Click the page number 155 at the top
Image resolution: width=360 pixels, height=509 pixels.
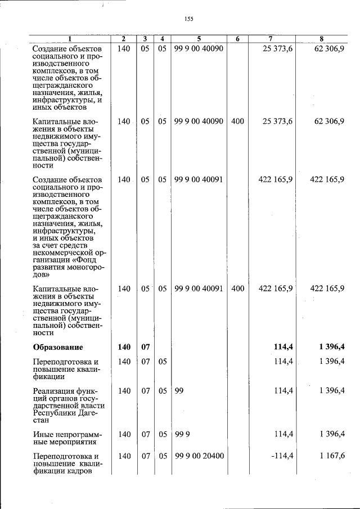[x=188, y=19]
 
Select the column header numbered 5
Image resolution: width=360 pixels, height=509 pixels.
[x=199, y=39]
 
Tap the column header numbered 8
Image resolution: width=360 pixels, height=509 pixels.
[x=321, y=39]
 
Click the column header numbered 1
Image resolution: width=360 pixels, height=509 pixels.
[x=70, y=39]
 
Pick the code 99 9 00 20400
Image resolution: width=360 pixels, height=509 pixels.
[x=199, y=456]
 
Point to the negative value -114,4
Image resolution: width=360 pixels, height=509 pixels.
[x=282, y=456]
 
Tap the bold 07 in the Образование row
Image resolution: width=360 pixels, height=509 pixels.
[x=145, y=347]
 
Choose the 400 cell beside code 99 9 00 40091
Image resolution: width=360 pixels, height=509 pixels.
[x=237, y=289]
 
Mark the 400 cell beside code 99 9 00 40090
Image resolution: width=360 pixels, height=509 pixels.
[x=237, y=121]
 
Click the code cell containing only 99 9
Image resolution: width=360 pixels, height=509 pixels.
[x=182, y=434]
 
